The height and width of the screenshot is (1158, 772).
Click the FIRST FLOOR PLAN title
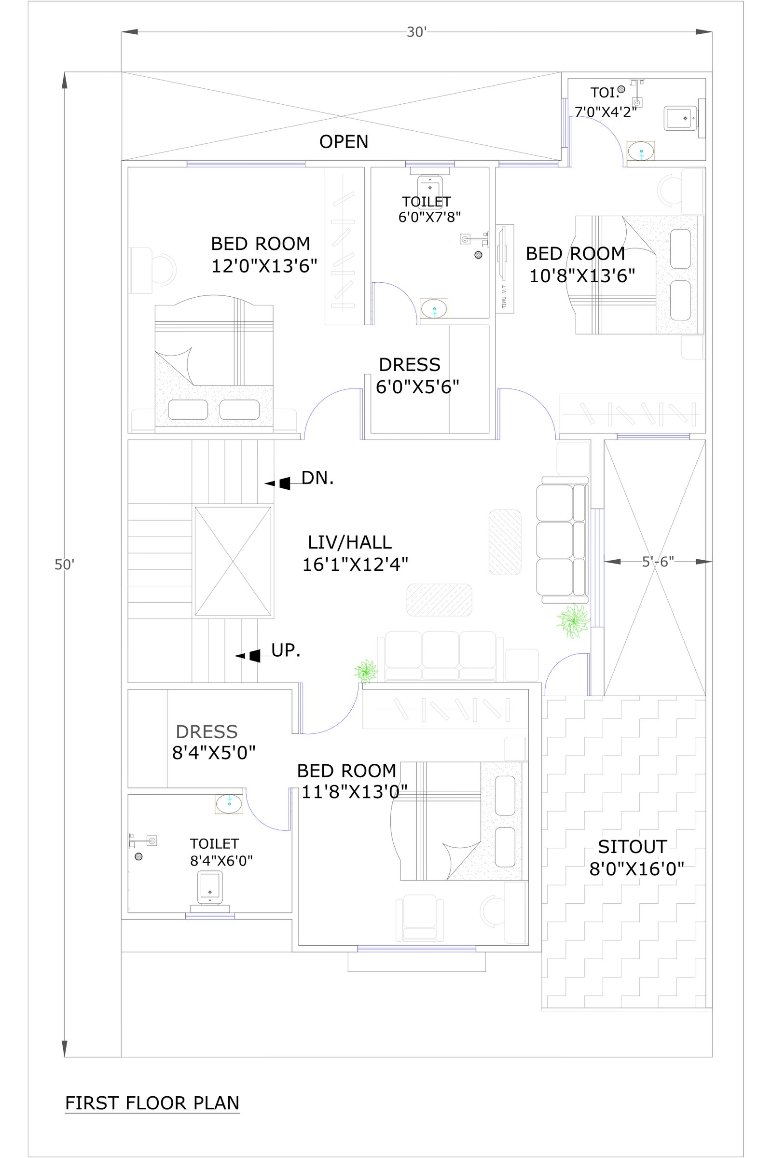152,1103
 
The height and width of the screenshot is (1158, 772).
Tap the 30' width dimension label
416,32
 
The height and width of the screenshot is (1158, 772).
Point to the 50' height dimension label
64,565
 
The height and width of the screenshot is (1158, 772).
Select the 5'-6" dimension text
658,562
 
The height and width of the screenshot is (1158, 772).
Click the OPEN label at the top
344,142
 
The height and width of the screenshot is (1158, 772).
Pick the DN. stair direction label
317,478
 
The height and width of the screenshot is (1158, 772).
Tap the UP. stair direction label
286,650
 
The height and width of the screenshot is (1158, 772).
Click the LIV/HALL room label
349,542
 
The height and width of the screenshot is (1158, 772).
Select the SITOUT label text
632,846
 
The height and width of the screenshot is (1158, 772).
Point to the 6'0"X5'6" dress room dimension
417,387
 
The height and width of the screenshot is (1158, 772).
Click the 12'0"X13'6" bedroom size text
264,266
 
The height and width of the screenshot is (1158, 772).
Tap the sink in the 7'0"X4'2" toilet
641,151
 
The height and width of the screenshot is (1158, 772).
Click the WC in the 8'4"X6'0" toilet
210,891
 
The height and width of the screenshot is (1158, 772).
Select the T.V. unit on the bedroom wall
505,268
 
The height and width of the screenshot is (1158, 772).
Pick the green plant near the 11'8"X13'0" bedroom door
366,672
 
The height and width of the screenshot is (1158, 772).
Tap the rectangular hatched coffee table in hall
439,600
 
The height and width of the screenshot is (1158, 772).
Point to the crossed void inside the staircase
233,561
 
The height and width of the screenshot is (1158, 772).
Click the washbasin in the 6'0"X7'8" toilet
434,309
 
